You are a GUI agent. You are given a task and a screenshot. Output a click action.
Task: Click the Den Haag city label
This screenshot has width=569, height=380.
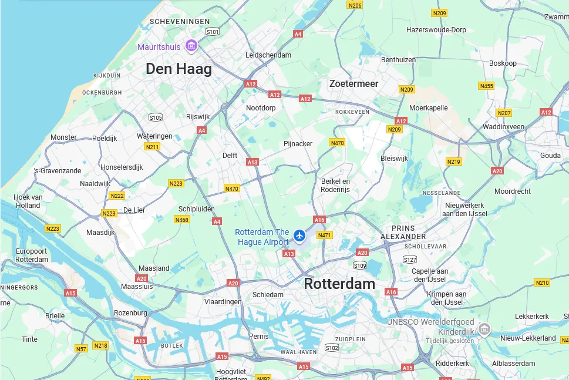pos(179,69)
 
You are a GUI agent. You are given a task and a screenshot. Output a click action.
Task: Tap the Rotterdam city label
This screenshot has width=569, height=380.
pos(339,284)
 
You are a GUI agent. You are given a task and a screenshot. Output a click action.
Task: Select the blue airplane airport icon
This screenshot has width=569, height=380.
pos(300,236)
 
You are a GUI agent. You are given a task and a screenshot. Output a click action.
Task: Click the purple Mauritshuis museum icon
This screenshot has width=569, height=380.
pos(191,45)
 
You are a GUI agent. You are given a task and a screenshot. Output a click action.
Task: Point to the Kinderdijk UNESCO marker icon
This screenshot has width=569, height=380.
pos(484,329)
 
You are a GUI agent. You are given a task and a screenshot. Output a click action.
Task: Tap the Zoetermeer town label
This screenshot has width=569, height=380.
pos(353,83)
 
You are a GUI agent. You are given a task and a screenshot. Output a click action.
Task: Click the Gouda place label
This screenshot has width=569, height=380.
pos(550,156)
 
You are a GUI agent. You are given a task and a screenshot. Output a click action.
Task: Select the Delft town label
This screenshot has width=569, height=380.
pos(230,156)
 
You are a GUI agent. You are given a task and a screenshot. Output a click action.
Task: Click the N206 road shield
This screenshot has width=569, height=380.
pos(355,5)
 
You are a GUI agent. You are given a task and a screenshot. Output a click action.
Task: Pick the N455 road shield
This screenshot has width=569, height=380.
pos(486,86)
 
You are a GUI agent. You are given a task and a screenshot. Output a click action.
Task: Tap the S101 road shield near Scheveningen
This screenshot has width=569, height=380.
pos(213,32)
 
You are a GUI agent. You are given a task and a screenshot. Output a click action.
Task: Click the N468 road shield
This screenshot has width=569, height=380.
pos(182,220)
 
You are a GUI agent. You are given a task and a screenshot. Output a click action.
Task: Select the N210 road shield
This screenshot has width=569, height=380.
pos(542,283)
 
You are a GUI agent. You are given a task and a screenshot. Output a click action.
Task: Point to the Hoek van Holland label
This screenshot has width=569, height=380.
pos(28,201)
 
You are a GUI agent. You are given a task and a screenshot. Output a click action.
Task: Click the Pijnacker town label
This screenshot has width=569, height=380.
pos(298,144)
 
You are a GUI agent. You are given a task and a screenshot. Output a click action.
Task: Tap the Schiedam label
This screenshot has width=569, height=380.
pos(268,295)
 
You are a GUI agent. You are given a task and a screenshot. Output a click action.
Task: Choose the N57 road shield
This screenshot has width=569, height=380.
pos(81,349)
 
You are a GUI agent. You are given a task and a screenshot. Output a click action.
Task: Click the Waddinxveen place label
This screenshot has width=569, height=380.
pos(503,127)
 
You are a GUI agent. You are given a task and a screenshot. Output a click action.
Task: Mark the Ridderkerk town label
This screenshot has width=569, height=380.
pos(453,364)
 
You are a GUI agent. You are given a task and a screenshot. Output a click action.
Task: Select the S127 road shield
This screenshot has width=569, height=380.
pos(410,260)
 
